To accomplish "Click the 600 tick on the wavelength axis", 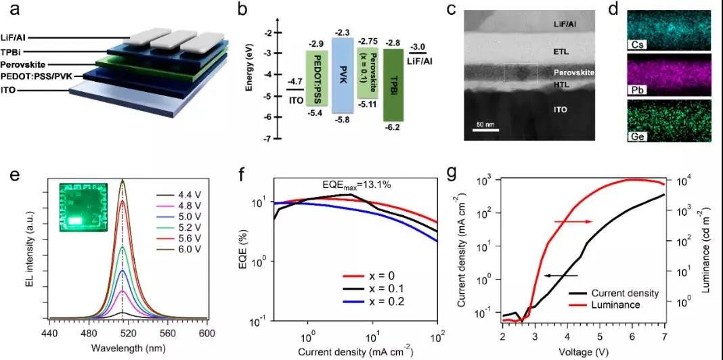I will (x=206, y=334).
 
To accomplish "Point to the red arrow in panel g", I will (x=573, y=221).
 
